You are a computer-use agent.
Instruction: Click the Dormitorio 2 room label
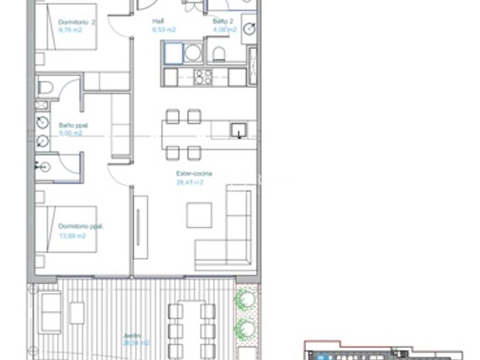(x=76, y=21)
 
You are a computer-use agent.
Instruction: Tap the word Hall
(x=159, y=21)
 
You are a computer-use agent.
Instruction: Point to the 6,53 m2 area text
(x=164, y=29)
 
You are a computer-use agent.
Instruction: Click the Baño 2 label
(x=223, y=21)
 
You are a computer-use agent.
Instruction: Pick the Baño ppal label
(x=73, y=125)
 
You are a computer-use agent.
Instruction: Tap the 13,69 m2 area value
(x=72, y=236)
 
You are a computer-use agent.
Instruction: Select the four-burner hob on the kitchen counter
(x=204, y=77)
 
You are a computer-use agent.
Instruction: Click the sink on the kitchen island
(x=237, y=131)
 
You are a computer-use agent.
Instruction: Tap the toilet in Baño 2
(x=219, y=53)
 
